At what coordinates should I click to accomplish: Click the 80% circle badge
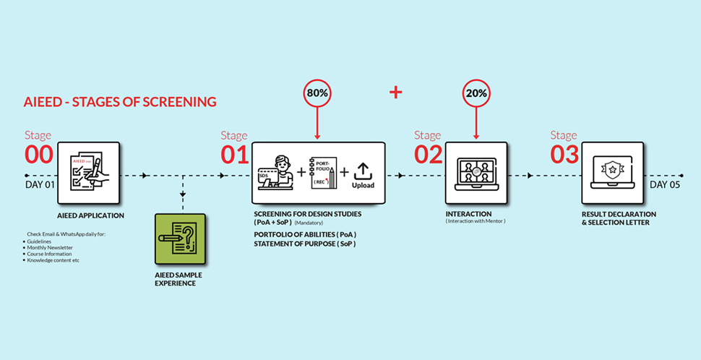pos(317,94)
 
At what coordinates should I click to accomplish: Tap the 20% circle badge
pos(477,94)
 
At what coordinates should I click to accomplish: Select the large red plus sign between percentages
pos(395,92)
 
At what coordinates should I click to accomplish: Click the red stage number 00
pos(39,154)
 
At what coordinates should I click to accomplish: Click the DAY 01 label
pos(40,184)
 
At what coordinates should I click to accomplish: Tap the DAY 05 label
pos(665,184)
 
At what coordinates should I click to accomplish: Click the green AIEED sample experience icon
pos(180,239)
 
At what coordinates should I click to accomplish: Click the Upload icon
pos(363,176)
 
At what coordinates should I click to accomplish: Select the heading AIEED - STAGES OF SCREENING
pos(120,102)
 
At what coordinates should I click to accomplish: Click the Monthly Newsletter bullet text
pos(49,247)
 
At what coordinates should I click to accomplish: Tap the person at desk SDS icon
pos(275,174)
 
